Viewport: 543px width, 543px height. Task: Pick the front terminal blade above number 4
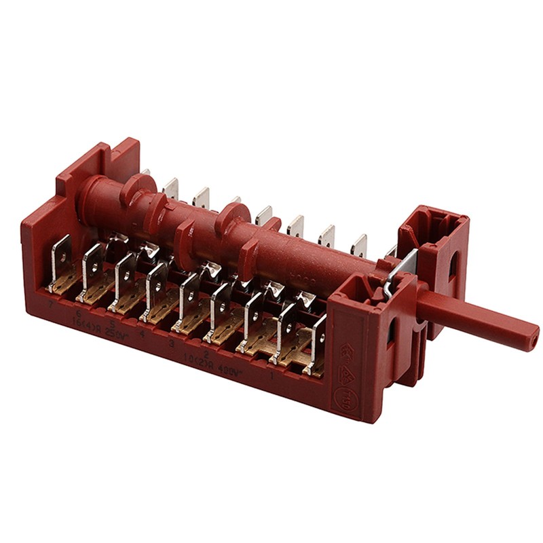[157, 286]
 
